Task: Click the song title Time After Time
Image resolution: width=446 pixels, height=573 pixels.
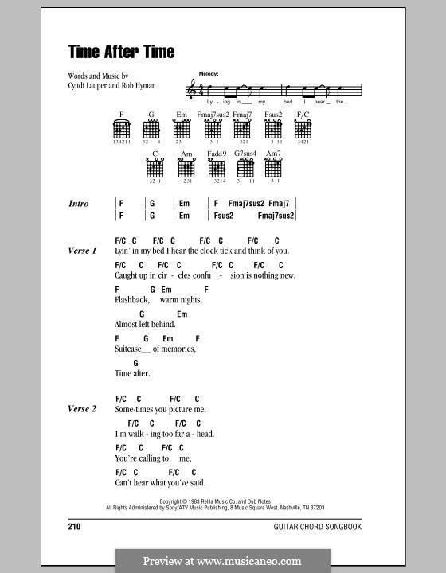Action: [x=120, y=53]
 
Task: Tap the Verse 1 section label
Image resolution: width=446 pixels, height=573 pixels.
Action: [x=82, y=251]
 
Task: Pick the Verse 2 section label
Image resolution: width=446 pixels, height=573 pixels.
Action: [x=82, y=409]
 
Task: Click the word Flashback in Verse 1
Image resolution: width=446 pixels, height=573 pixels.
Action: [x=132, y=300]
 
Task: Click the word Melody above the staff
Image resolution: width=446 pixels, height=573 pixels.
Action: [x=198, y=72]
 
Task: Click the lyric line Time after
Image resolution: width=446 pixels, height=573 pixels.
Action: [x=132, y=373]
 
